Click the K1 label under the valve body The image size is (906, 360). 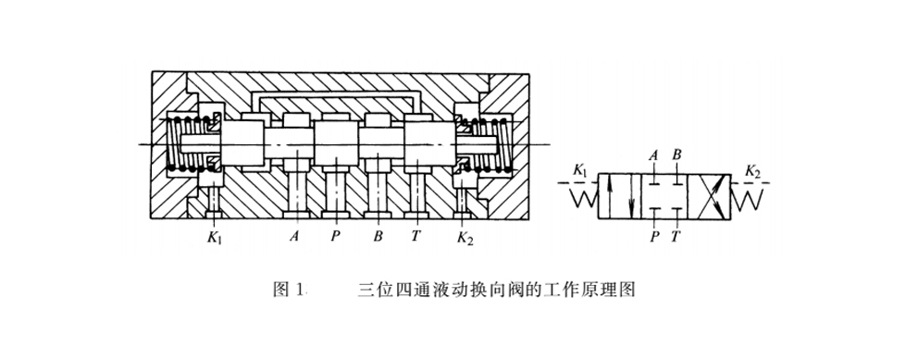(214, 239)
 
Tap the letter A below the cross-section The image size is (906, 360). (294, 237)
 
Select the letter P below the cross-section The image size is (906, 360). (335, 237)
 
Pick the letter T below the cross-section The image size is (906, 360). (416, 237)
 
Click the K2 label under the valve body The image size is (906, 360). (465, 239)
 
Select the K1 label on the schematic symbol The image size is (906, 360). (580, 170)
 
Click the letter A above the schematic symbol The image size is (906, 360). (653, 155)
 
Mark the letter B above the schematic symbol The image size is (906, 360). (677, 155)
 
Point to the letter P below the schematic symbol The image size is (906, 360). (653, 236)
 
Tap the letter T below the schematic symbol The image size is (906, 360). (676, 236)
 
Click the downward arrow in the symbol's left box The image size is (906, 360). (630, 196)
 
